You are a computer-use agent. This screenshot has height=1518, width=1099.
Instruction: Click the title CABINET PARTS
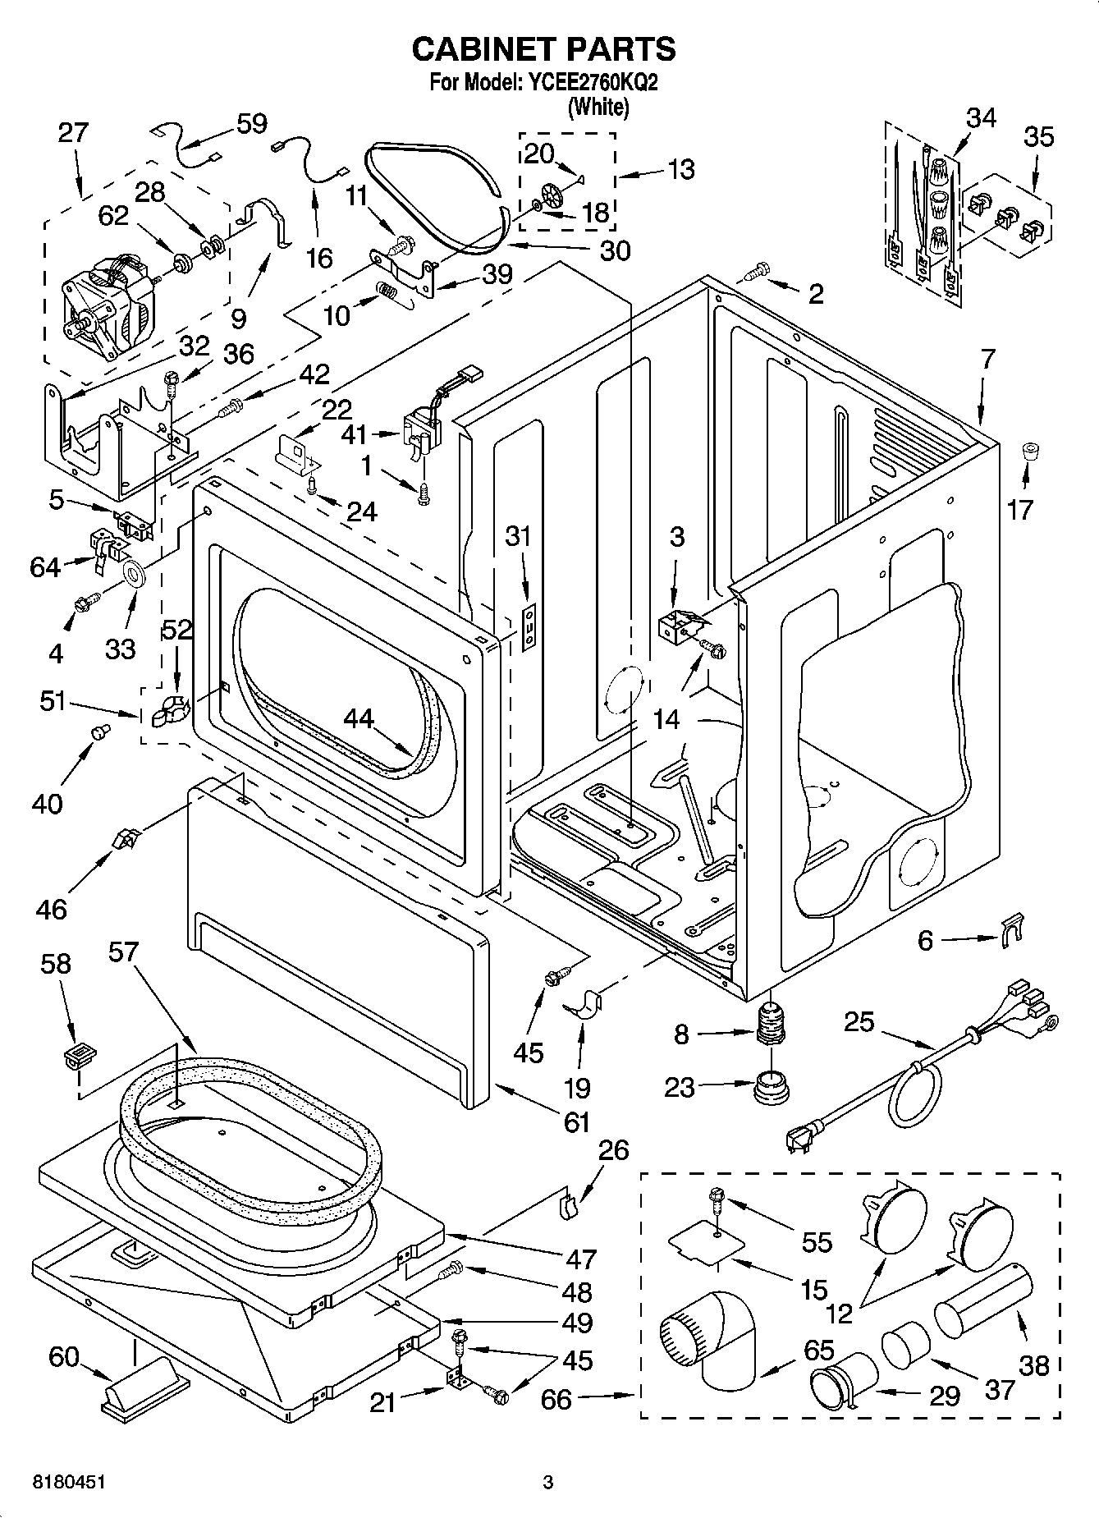(543, 49)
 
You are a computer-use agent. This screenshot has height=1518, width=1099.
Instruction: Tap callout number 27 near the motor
(72, 133)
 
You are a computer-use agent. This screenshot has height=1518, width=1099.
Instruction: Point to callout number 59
(251, 124)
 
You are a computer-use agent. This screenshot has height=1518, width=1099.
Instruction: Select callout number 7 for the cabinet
(988, 358)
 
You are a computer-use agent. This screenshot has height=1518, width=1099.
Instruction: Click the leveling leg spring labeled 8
(768, 1025)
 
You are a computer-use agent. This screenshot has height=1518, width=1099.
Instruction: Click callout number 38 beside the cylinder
(1033, 1364)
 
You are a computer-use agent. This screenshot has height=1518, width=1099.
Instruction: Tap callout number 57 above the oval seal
(123, 952)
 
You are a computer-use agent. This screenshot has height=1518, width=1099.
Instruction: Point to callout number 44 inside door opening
(358, 719)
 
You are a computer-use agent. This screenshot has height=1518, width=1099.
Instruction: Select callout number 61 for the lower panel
(577, 1121)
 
